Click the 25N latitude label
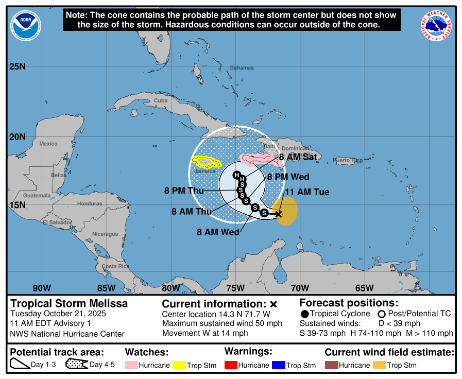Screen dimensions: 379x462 (x=17, y=66)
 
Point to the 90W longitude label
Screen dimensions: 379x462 (x=42, y=288)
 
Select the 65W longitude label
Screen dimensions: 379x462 (x=364, y=288)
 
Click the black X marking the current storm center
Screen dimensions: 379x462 (x=279, y=214)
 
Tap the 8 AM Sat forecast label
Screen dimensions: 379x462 (x=298, y=157)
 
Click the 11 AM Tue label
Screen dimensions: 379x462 (x=306, y=192)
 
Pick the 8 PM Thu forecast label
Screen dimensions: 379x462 (x=184, y=191)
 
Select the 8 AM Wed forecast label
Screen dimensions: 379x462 (x=218, y=232)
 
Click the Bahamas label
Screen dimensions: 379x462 (x=242, y=68)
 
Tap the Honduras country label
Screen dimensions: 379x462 (x=90, y=203)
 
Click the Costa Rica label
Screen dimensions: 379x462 (x=115, y=266)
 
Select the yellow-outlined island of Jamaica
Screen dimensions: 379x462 (x=206, y=163)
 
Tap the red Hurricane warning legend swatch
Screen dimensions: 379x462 (x=232, y=365)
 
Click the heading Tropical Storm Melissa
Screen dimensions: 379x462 (x=69, y=304)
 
